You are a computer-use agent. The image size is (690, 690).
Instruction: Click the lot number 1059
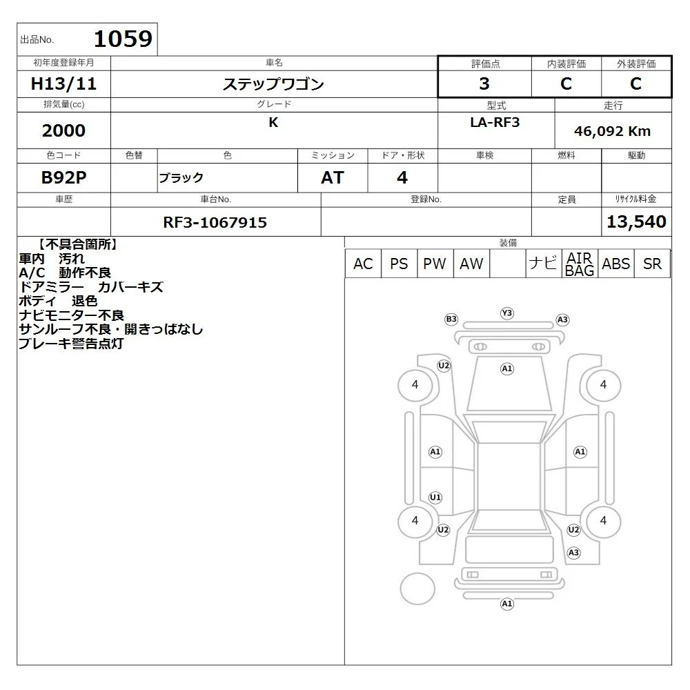tap(124, 39)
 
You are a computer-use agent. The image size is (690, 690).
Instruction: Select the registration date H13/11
tap(63, 83)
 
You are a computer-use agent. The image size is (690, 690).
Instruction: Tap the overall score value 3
tap(484, 83)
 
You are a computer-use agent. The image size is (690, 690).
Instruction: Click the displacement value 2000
tap(63, 130)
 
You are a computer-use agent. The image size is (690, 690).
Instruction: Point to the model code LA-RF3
tap(495, 122)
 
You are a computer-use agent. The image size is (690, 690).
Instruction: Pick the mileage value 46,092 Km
tap(612, 131)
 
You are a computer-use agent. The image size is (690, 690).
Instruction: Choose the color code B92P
tap(63, 177)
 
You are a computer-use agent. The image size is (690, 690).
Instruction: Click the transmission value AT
tap(333, 178)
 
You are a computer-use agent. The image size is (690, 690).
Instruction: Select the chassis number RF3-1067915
tap(215, 222)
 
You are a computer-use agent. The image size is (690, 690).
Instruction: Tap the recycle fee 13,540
tap(636, 221)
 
